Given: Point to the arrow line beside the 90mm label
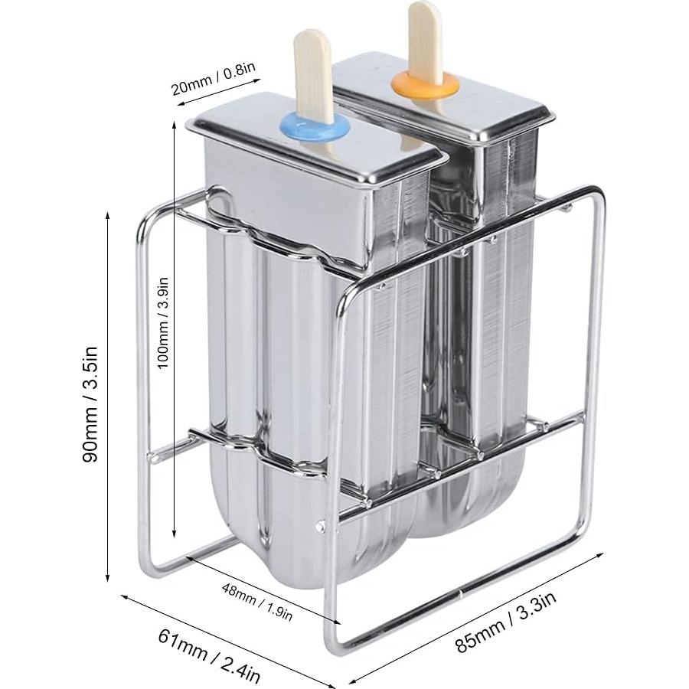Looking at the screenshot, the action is point(109,398).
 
